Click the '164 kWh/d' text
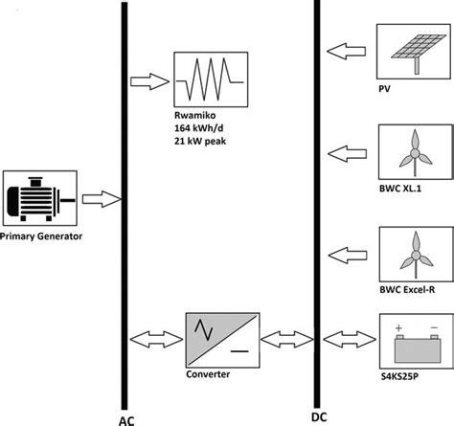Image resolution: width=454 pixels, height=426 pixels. (x=204, y=139)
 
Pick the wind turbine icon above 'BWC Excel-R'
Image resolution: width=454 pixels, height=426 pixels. (x=414, y=257)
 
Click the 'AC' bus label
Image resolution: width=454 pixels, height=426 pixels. (x=125, y=418)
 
